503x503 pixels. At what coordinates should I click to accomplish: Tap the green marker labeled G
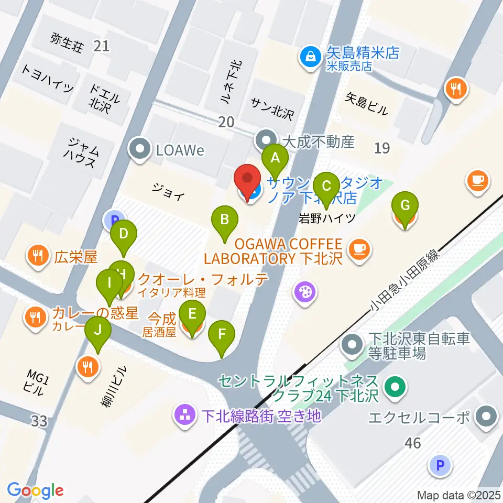[405, 204]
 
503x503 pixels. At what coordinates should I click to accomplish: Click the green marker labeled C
[326, 185]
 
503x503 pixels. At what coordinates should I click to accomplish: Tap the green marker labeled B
[224, 220]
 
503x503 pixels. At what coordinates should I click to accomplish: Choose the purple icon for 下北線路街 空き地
[185, 417]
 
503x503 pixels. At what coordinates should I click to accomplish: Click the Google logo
[35, 490]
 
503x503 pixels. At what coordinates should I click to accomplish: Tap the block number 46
[413, 443]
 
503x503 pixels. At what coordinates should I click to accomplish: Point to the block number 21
[102, 46]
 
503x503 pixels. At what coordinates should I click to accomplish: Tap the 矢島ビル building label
[367, 103]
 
